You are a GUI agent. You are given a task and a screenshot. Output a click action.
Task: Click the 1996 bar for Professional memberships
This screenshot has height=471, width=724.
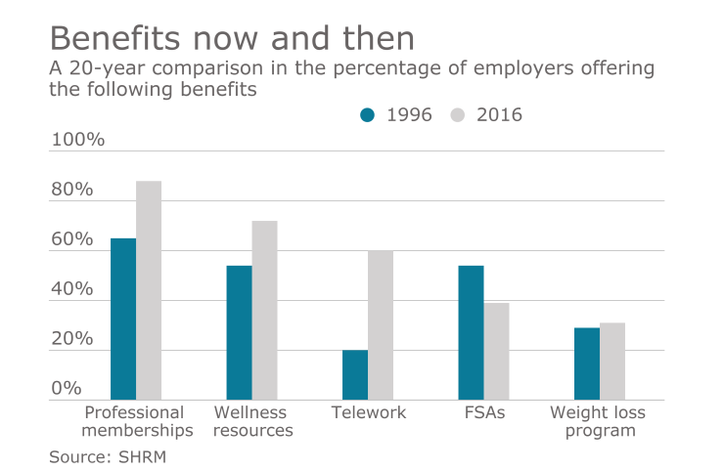coord(123,320)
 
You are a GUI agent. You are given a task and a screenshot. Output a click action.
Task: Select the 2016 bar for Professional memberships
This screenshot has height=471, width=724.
coord(149,290)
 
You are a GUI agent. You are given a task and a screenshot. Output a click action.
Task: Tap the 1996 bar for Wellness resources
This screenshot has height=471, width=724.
coord(239,333)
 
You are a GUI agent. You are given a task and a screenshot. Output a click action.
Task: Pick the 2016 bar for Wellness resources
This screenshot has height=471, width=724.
coord(264,311)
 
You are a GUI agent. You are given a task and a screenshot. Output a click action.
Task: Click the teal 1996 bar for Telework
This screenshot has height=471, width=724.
coord(355,375)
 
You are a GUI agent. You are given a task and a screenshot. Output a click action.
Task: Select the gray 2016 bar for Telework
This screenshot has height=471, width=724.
coord(381,325)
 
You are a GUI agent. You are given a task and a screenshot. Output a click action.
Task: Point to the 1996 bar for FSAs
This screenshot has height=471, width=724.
coord(471,333)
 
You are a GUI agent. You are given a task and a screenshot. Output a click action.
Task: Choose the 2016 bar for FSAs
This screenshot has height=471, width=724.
coord(496,352)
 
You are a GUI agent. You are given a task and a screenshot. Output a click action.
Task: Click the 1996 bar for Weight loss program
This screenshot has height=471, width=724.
coord(587,364)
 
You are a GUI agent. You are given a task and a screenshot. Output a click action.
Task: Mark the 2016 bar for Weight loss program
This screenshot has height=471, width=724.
coord(612,362)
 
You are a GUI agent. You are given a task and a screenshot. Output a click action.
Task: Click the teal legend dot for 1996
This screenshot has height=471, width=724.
coord(368,115)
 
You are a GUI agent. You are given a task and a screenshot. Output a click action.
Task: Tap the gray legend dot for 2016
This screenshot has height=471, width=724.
coord(457,115)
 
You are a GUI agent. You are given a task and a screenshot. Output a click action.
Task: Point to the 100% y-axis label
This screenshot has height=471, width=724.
coord(77,140)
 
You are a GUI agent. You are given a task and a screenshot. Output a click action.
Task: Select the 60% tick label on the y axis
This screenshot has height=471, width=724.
coord(72,240)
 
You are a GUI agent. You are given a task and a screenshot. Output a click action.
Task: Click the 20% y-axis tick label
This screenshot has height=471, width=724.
coord(72,340)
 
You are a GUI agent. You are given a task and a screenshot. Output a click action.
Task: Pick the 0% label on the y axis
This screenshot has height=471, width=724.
coord(67,389)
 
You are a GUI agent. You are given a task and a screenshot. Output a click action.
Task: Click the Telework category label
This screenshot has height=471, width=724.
coord(368,413)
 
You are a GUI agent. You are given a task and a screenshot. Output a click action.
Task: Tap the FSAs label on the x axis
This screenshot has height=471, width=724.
coord(483,413)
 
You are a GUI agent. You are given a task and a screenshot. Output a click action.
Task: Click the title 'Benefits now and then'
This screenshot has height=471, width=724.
coord(232,38)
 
